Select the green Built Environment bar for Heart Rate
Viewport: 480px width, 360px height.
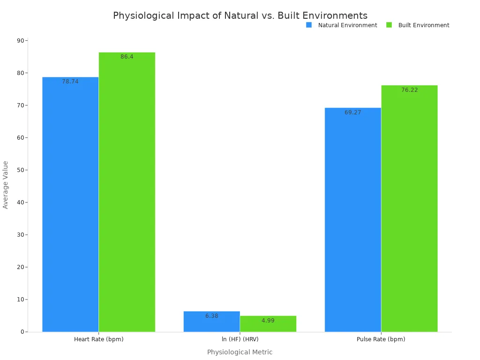[x=127, y=192]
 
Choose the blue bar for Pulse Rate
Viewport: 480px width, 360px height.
[x=352, y=220]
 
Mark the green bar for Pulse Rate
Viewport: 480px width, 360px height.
[x=409, y=209]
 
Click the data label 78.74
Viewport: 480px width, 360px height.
[x=70, y=82]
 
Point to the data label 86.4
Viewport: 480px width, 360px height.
[x=127, y=57]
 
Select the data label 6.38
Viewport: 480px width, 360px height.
[x=211, y=316]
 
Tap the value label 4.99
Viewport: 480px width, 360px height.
[x=268, y=321]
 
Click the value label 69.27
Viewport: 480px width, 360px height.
[x=352, y=112]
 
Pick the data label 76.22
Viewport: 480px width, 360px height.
[x=409, y=90]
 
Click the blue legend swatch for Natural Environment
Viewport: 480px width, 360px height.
[x=309, y=25]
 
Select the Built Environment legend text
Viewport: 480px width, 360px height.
[x=423, y=25]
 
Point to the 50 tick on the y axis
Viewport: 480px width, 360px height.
[x=21, y=170]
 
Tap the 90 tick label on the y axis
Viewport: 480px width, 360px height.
[x=21, y=41]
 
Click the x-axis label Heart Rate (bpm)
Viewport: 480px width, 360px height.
[x=98, y=339]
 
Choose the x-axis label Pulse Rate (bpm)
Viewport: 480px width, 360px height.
[x=381, y=339]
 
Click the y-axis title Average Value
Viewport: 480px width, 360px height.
[x=6, y=185]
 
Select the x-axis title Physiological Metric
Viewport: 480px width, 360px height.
[x=240, y=352]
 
